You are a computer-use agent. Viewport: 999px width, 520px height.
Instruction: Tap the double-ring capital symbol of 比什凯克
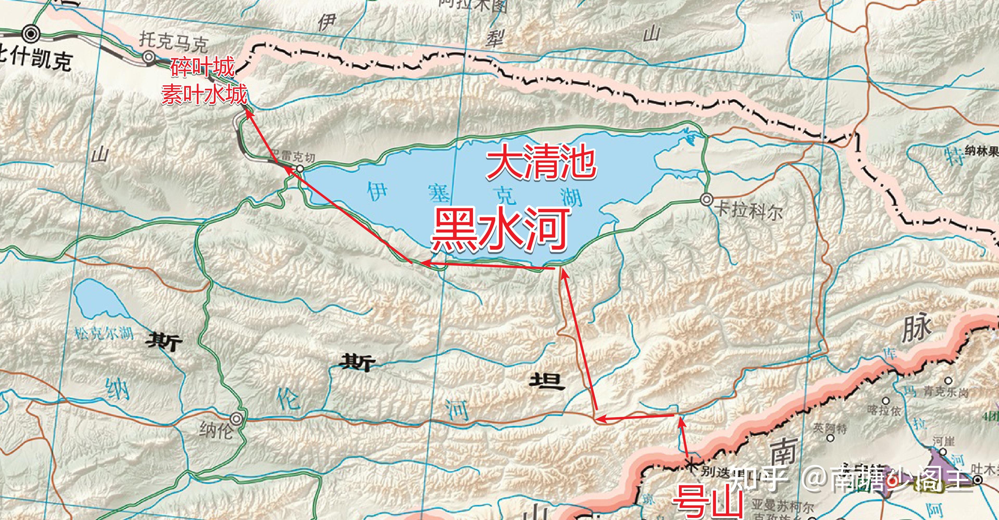[x=31, y=34]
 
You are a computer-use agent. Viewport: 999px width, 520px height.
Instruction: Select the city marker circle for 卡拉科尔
[x=707, y=199]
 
